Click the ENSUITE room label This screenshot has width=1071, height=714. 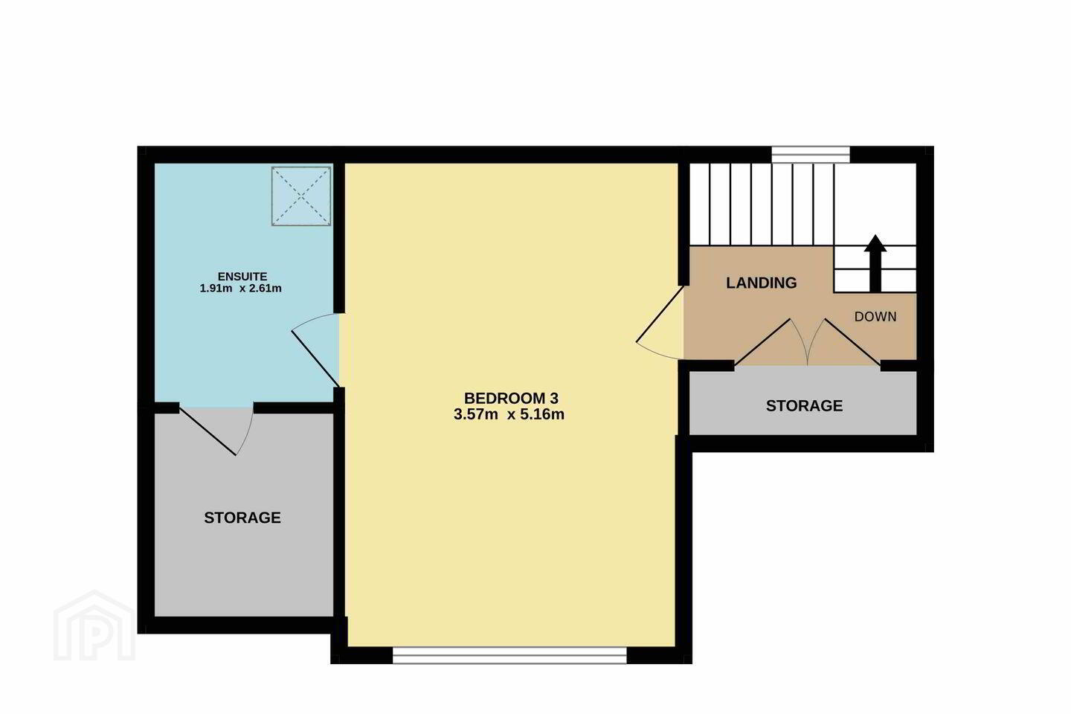coord(242,277)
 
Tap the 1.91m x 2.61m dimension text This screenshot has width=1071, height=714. coord(240,289)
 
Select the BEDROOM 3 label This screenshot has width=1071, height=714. coord(511,398)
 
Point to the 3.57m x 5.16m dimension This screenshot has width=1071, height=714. coord(509,414)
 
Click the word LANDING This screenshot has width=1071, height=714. coord(761,283)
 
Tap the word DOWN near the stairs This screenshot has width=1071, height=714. coord(875,317)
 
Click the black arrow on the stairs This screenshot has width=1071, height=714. coord(875,263)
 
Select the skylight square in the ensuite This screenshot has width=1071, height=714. coord(301,196)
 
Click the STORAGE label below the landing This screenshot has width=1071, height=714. coord(804,405)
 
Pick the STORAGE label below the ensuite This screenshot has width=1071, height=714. coord(242,518)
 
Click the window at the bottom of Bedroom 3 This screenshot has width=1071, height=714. coord(509,655)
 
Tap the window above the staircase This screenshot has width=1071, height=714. coord(811,155)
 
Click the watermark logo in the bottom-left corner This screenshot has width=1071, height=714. coord(94,626)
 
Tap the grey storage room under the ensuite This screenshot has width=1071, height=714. coord(244,515)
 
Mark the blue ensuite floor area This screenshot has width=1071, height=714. coord(244,285)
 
